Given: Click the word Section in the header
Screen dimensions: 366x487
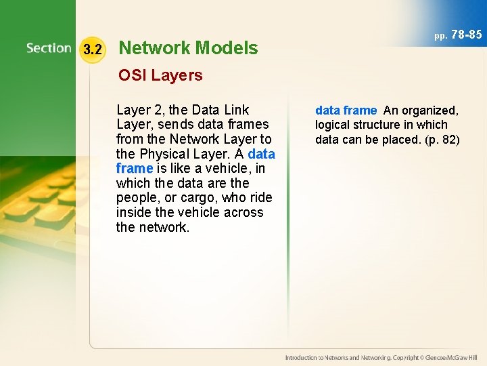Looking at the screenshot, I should (49, 49).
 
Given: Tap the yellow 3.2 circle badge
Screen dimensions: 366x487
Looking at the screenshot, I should (93, 49).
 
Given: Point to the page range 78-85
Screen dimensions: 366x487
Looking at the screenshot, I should (466, 34).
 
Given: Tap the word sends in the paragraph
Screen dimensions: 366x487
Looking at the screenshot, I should (177, 125).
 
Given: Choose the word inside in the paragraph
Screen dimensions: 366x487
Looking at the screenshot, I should (135, 212).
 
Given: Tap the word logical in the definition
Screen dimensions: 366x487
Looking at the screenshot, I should (332, 125).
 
